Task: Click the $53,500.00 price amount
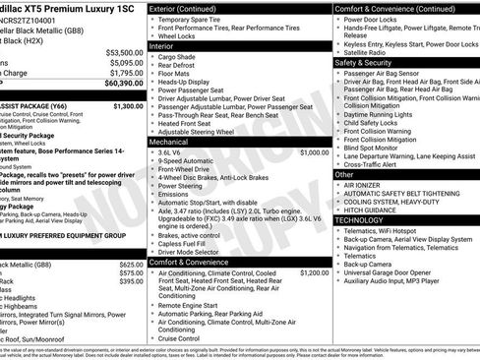point(124,53)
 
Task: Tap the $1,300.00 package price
point(128,105)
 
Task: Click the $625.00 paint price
point(131,265)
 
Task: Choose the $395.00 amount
point(131,281)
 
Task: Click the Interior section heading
point(162,45)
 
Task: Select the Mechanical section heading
point(169,142)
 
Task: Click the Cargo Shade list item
point(178,56)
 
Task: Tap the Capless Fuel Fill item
point(188,243)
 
